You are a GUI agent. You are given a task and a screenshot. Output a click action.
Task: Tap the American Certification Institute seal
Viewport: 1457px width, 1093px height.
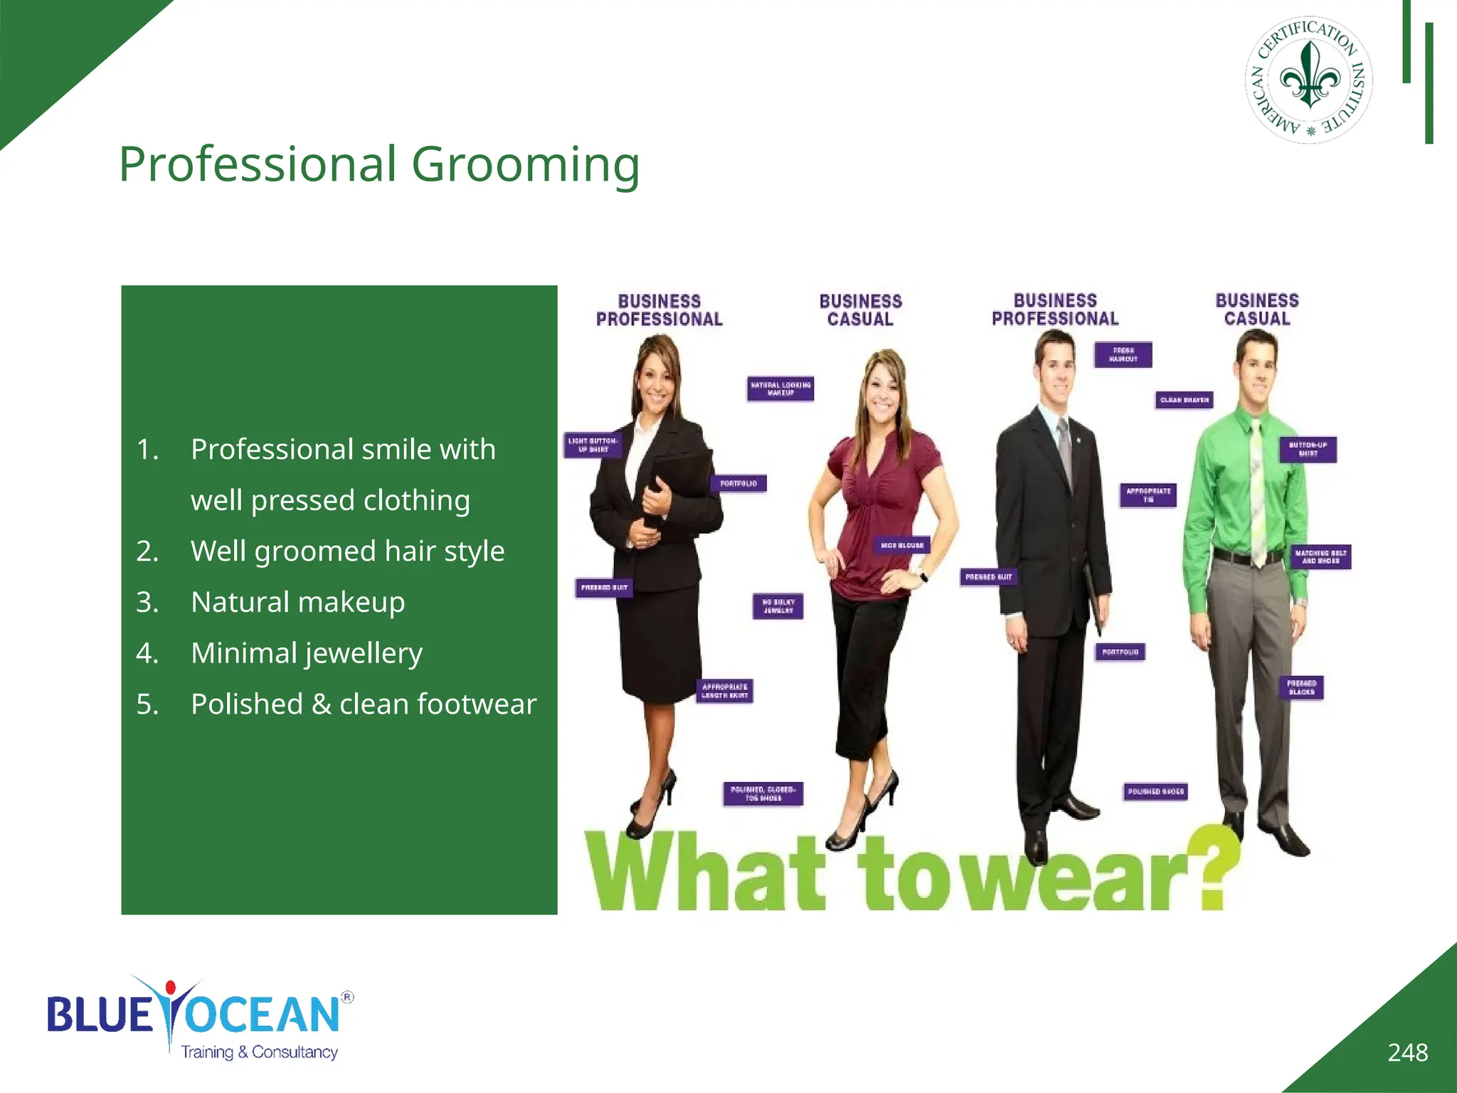[1309, 80]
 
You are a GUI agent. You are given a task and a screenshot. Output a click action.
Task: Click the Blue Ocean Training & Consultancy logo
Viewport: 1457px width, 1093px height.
[199, 1018]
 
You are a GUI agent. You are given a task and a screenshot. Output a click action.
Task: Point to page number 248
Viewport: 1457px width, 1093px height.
[1407, 1052]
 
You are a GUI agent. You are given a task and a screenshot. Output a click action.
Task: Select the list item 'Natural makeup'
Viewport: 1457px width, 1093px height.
[297, 602]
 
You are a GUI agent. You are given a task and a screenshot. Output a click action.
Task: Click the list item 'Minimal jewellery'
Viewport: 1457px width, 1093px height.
[306, 653]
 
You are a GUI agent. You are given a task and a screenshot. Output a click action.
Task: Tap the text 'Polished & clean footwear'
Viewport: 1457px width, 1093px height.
[363, 704]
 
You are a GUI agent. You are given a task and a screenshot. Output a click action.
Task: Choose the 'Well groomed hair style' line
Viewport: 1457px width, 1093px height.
[347, 551]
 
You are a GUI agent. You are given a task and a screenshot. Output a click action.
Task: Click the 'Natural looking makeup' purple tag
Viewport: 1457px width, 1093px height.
[780, 389]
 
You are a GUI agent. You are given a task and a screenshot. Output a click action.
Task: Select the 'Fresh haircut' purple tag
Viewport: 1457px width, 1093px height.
[1123, 354]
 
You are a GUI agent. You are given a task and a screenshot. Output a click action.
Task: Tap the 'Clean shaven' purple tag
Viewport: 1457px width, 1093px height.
[1184, 400]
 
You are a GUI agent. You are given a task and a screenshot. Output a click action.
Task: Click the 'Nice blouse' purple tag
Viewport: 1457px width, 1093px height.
[901, 546]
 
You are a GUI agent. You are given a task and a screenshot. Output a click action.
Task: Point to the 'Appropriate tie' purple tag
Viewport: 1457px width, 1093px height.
[1148, 495]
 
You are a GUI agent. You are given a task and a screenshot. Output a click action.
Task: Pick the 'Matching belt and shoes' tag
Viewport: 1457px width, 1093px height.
[1320, 556]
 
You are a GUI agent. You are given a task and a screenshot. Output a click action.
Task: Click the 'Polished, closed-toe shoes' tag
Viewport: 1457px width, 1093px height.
[763, 793]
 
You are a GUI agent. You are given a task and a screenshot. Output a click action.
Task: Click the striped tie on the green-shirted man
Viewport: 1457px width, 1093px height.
[1257, 491]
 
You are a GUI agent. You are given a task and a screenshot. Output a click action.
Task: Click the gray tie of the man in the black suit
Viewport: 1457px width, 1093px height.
[1065, 448]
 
